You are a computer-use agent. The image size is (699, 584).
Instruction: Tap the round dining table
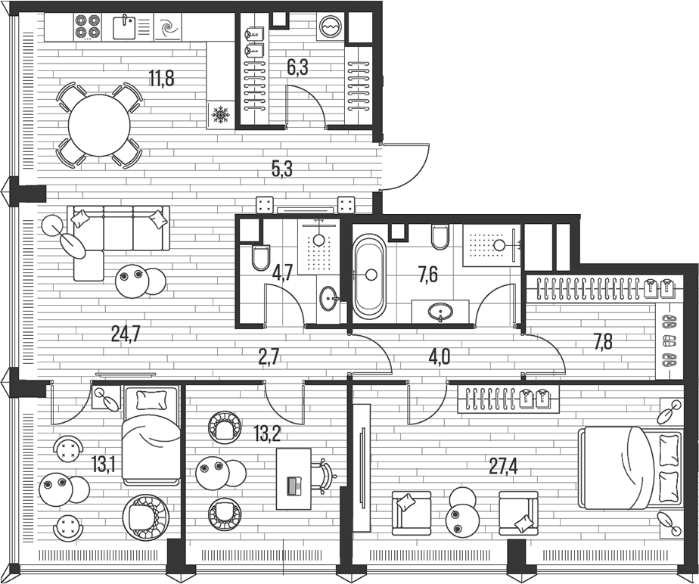(x=100, y=125)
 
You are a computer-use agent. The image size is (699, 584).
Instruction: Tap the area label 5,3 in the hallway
(x=281, y=169)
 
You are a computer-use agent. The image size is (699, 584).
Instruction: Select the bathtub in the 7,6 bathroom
(x=370, y=276)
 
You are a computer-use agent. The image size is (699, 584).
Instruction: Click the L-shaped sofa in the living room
(x=113, y=235)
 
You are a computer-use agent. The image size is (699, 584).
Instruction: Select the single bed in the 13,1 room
(x=151, y=437)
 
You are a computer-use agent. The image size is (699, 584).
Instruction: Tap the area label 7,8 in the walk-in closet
(x=603, y=342)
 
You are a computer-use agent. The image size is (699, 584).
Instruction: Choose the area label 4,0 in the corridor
(x=439, y=356)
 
